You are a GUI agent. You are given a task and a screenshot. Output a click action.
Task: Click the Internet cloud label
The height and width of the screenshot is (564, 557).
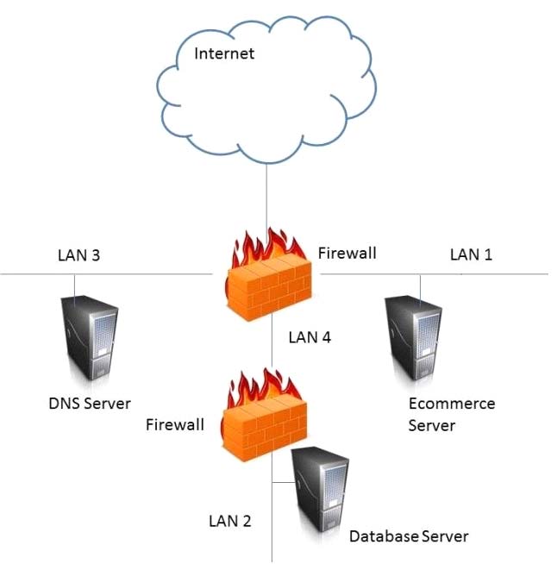click(x=224, y=54)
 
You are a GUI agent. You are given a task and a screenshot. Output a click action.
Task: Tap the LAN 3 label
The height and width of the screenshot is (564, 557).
click(x=78, y=254)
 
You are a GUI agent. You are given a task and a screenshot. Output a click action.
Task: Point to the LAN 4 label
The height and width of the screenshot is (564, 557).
click(x=308, y=337)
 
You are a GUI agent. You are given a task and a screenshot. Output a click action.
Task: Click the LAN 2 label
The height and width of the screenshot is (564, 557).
click(x=230, y=520)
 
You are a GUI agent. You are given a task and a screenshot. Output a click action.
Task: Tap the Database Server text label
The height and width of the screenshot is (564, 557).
click(x=409, y=536)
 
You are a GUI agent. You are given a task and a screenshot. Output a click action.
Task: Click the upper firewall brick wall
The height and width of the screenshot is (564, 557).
click(x=267, y=289)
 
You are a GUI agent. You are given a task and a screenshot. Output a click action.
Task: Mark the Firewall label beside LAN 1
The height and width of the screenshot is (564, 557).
click(x=347, y=254)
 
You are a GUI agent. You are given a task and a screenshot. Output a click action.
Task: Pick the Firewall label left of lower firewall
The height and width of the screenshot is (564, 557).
click(x=175, y=424)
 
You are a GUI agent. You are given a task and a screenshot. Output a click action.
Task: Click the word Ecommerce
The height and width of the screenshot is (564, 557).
click(x=452, y=404)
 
